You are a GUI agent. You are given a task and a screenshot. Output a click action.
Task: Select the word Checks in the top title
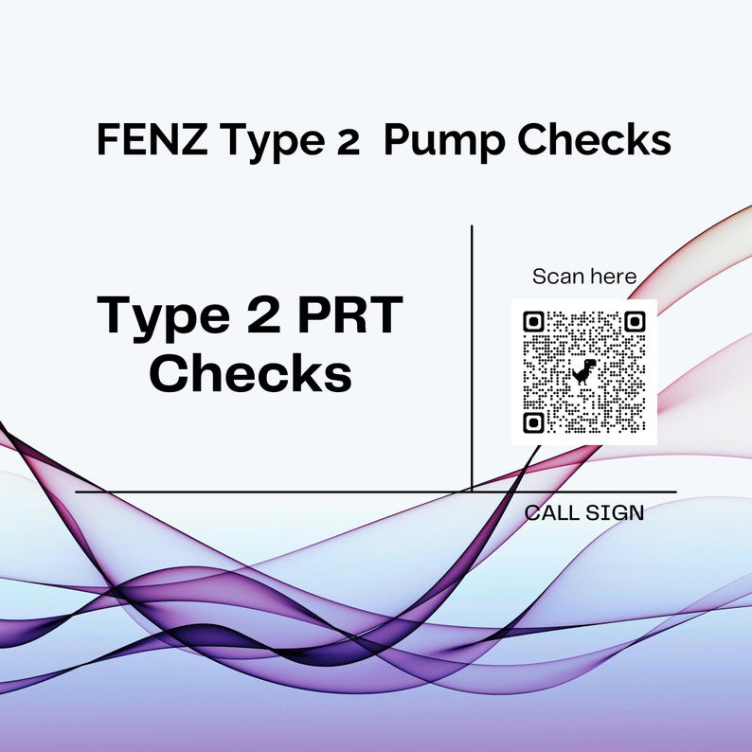(597, 141)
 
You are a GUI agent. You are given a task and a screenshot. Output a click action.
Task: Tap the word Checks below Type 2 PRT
(251, 373)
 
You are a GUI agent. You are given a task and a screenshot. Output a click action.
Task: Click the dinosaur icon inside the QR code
(584, 371)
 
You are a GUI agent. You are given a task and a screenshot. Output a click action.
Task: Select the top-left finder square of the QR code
(533, 322)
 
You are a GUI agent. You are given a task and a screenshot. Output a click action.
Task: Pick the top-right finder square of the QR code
(635, 322)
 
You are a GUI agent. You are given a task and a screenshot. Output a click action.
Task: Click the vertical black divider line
(472, 360)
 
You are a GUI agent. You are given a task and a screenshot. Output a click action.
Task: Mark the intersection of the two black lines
(472, 492)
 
